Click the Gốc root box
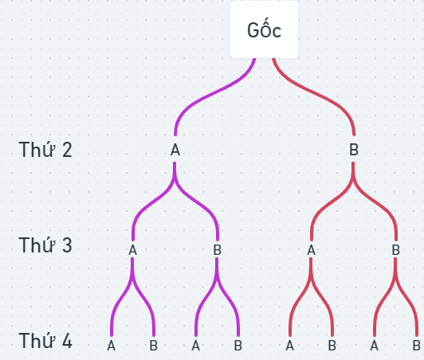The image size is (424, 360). coord(264,29)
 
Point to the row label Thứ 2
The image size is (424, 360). coord(45,150)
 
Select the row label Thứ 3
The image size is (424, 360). coord(45,245)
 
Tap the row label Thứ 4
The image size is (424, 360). coord(45,341)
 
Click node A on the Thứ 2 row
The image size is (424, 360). coord(175,150)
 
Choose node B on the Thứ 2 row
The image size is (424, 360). coord(354,150)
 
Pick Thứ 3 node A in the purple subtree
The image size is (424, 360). coord(132,250)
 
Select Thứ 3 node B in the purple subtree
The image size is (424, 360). coord(218,250)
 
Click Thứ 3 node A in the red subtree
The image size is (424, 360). coord(312,250)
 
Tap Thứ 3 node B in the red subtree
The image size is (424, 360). coord(396,250)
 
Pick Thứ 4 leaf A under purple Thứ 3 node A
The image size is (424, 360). coord(111,346)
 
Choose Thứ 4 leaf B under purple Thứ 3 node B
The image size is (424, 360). coord(238,346)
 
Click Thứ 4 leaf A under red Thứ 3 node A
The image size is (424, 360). coord(289,346)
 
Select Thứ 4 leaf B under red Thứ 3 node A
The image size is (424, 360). coord(332,346)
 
